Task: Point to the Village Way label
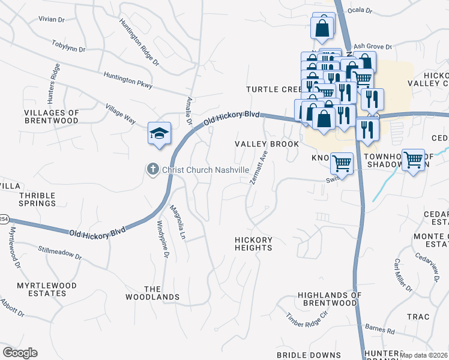pyautogui.click(x=120, y=113)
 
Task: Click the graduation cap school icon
pyautogui.click(x=160, y=133)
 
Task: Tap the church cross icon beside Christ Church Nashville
pyautogui.click(x=153, y=170)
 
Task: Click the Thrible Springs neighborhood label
pyautogui.click(x=37, y=199)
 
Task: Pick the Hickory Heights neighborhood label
pyautogui.click(x=253, y=244)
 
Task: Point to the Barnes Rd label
pyautogui.click(x=379, y=329)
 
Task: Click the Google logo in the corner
pyautogui.click(x=20, y=353)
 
